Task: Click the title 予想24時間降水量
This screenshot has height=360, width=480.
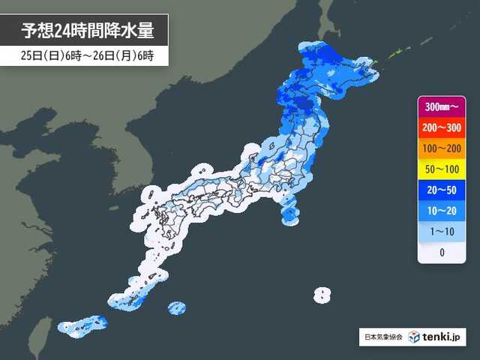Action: [87, 31]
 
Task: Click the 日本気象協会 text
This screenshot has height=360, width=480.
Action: [382, 337]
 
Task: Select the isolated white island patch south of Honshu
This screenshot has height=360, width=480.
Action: [322, 294]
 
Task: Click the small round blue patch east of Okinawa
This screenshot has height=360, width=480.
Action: [177, 307]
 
